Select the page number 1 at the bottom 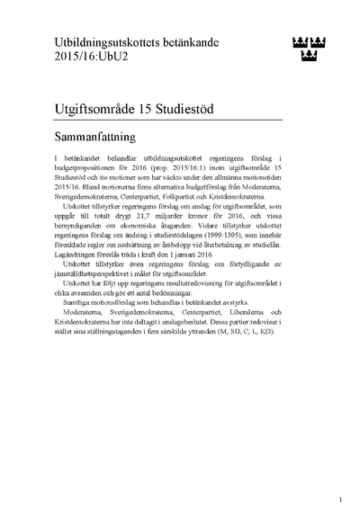[340, 499]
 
